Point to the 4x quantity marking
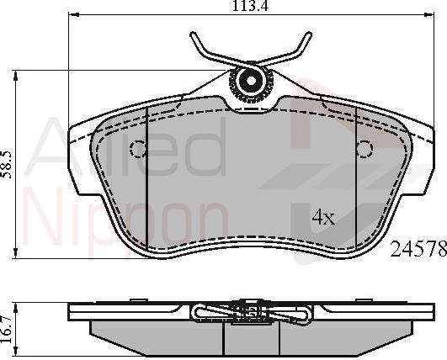coord(323,218)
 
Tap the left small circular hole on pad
coord(138,149)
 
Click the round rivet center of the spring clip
coord(250,82)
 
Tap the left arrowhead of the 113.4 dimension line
coord(72,15)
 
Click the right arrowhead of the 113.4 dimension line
coord(429,15)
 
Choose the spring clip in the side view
coord(250,314)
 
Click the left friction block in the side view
coord(160,336)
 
